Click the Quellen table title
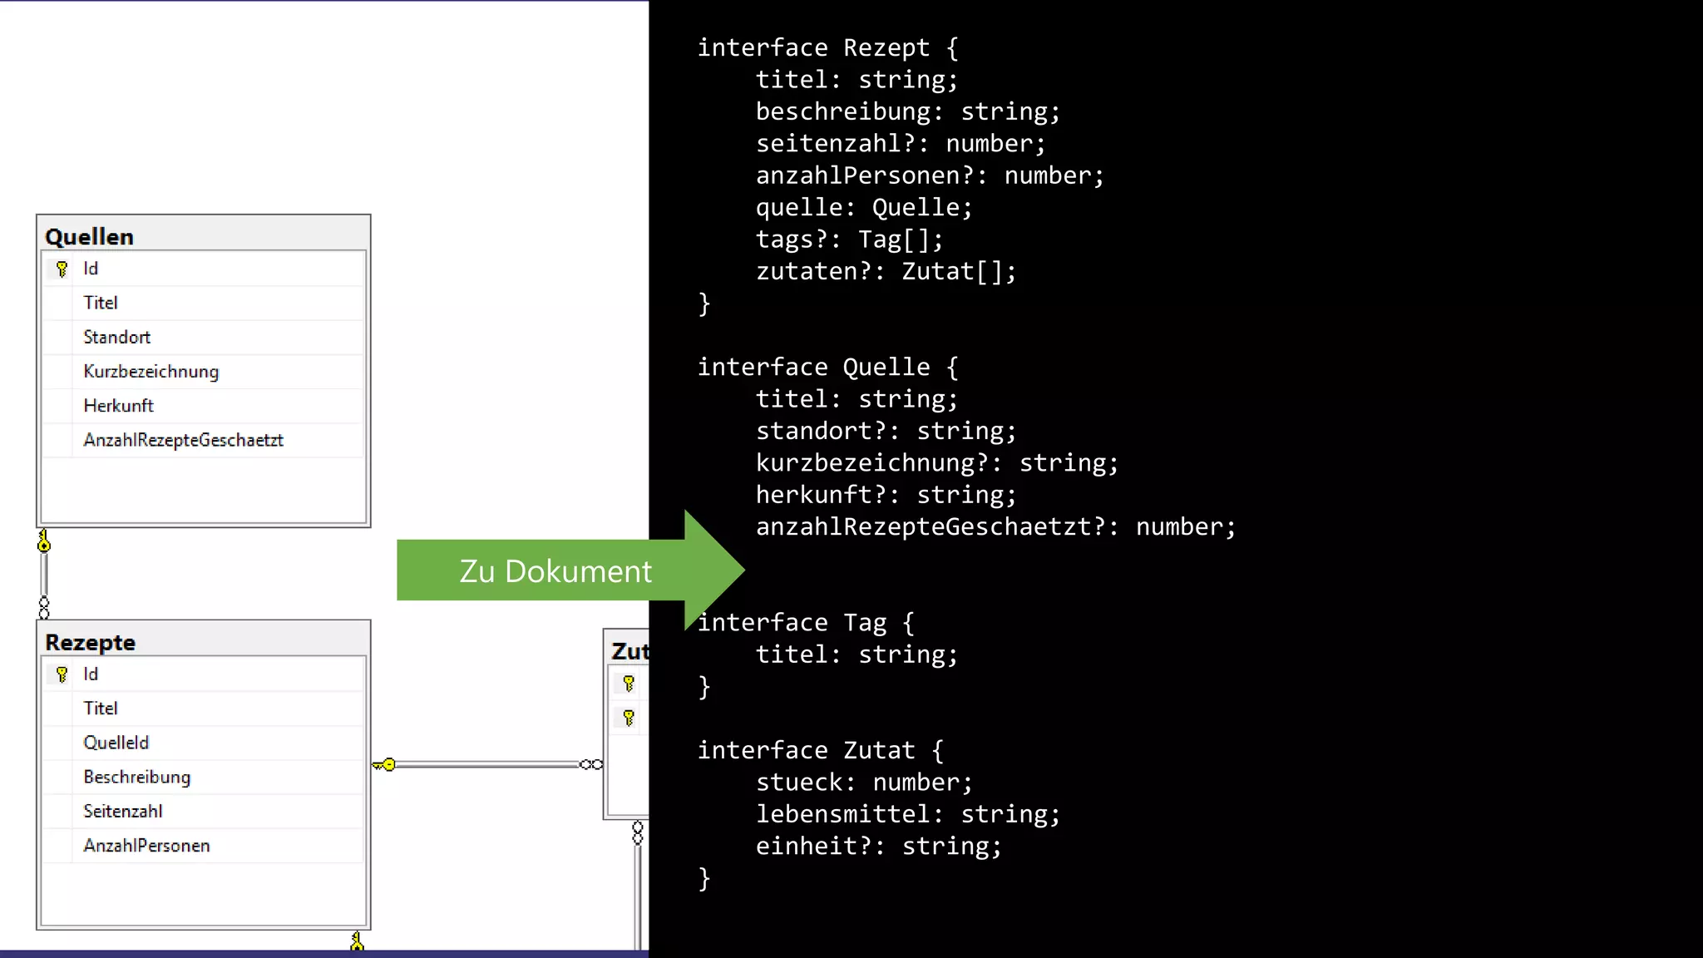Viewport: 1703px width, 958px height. pyautogui.click(x=89, y=237)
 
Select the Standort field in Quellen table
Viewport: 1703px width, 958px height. pyautogui.click(x=116, y=337)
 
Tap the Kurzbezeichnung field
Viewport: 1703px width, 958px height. pyautogui.click(x=151, y=372)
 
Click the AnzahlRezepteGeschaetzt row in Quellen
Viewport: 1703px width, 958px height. pyautogui.click(x=183, y=440)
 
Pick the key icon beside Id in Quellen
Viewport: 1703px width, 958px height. pyautogui.click(x=62, y=269)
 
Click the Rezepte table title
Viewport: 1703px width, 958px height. pyautogui.click(x=90, y=643)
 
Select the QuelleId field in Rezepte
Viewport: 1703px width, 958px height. pyautogui.click(x=116, y=743)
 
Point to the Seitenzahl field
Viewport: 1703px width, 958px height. pyautogui.click(x=122, y=811)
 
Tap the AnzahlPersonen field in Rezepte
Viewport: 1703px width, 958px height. pyautogui.click(x=146, y=846)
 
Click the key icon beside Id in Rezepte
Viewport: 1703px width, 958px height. pyautogui.click(x=62, y=674)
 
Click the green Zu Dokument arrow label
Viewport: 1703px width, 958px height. pyautogui.click(x=555, y=571)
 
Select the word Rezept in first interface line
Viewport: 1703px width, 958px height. pyautogui.click(x=886, y=47)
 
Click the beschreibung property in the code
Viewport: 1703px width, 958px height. pyautogui.click(x=843, y=111)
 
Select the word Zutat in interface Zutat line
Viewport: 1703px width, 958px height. pyautogui.click(x=879, y=750)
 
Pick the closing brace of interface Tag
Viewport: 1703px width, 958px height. pyautogui.click(x=704, y=687)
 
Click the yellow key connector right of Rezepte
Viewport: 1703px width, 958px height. pyautogui.click(x=385, y=764)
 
